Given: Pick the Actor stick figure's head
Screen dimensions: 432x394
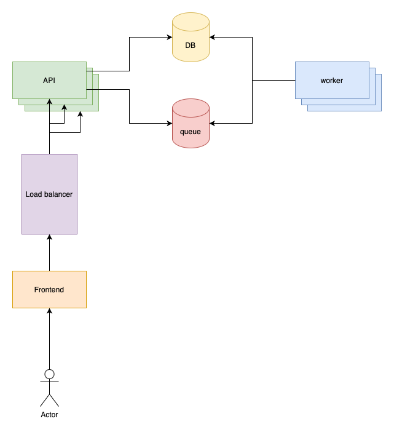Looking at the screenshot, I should [49, 374].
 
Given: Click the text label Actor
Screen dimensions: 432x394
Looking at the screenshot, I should [49, 415].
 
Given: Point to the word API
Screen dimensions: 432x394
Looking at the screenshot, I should [49, 81].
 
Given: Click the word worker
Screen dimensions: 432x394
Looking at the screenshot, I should [332, 81].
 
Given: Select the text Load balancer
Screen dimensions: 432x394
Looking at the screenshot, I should [49, 194].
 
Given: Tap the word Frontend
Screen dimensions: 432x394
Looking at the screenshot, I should [49, 290].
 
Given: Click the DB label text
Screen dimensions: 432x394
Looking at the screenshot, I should [191, 45].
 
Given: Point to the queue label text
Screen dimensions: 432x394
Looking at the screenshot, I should [191, 131].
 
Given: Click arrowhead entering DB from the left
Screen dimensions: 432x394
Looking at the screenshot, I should [169, 37].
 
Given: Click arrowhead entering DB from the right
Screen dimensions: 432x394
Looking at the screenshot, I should [213, 37].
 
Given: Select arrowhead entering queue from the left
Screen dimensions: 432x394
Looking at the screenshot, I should [169, 123].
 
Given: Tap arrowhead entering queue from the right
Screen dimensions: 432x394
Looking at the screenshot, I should [213, 123].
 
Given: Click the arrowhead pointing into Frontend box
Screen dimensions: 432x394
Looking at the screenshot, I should [49, 311].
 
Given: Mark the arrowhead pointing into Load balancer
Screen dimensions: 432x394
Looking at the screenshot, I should [49, 238].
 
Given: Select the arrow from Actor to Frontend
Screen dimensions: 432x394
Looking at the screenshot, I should [49, 338].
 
